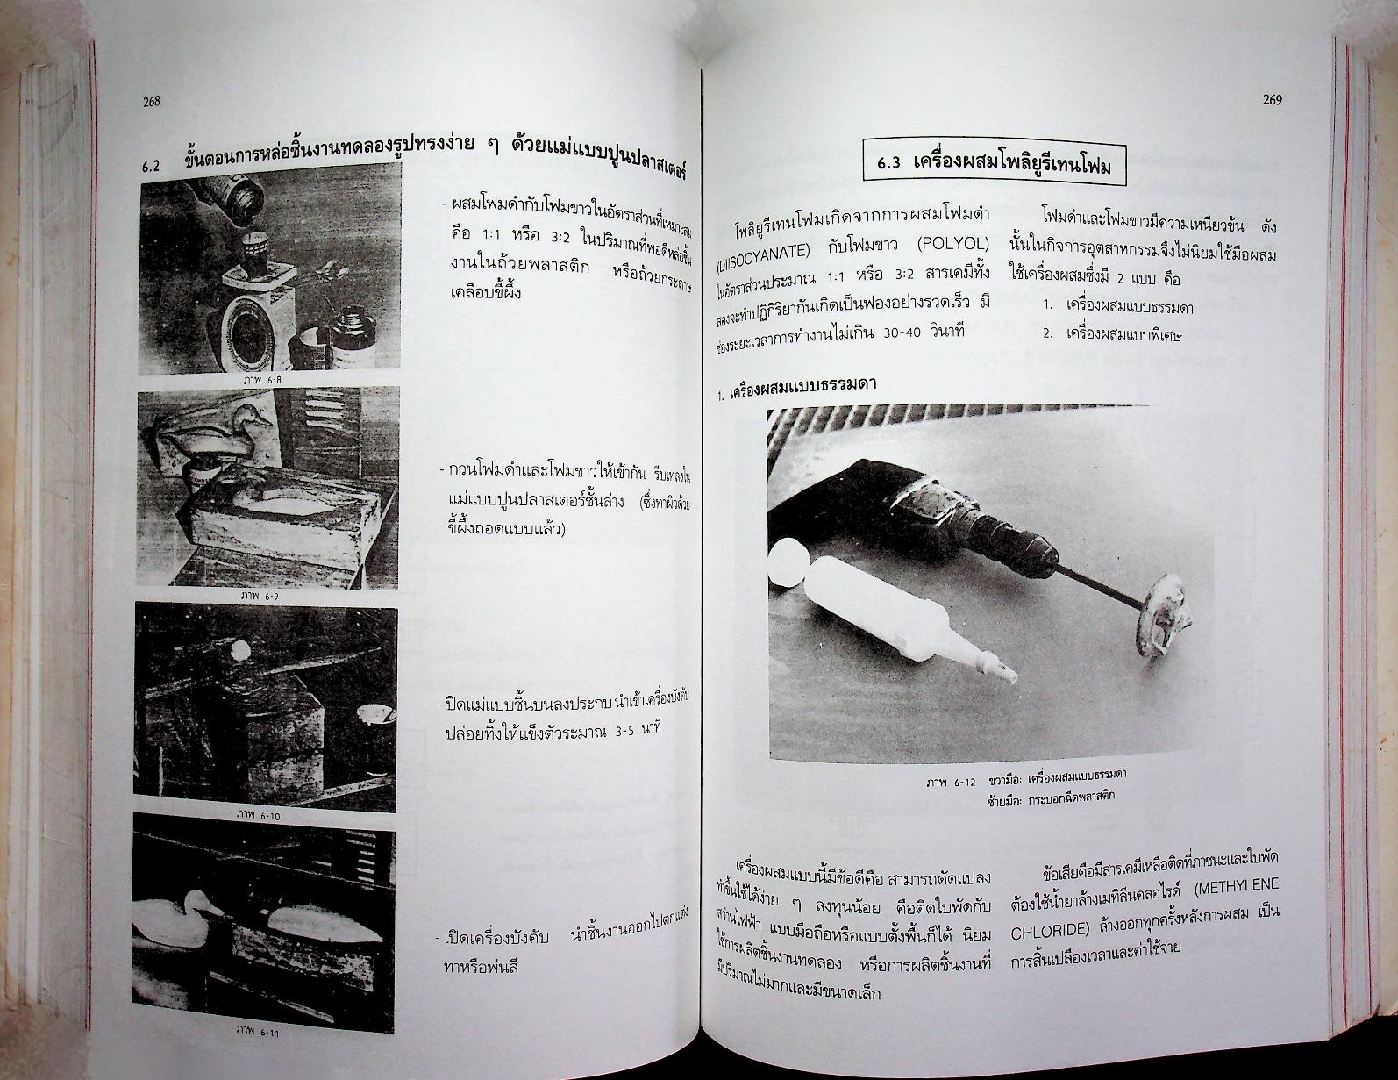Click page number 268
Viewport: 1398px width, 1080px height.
pyautogui.click(x=151, y=102)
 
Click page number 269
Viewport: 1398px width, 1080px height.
pyautogui.click(x=1272, y=100)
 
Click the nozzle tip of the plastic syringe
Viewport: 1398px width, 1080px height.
pyautogui.click(x=1002, y=674)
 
